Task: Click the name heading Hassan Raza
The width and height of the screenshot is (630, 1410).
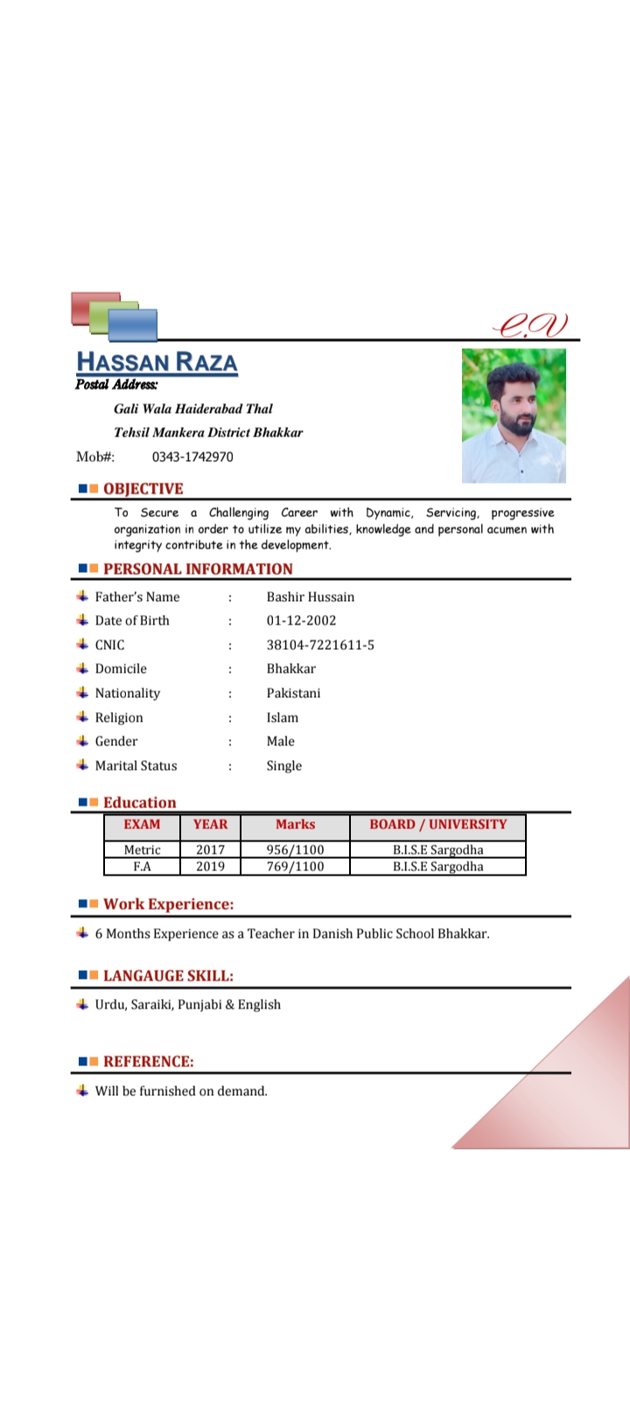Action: [157, 362]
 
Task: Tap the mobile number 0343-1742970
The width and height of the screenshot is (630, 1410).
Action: [192, 457]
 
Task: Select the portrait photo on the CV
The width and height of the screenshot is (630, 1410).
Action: [514, 415]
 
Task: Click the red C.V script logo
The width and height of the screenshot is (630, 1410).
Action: [530, 325]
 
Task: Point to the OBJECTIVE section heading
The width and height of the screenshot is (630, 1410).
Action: [143, 489]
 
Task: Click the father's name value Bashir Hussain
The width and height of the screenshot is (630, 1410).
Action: [311, 597]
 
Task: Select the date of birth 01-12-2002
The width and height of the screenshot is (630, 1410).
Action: [301, 620]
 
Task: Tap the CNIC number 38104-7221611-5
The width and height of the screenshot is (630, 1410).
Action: [320, 645]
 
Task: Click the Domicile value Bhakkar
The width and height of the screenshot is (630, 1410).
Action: [291, 668]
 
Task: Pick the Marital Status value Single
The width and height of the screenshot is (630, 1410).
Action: [284, 765]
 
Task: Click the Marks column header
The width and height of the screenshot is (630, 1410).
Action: [295, 825]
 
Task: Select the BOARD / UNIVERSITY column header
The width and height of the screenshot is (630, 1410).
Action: [437, 825]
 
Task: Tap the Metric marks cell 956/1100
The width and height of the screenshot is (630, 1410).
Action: [295, 849]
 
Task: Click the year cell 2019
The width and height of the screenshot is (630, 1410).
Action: [210, 867]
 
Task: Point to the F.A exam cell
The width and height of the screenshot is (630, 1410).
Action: [142, 867]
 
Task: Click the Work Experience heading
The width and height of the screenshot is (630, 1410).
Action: [168, 904]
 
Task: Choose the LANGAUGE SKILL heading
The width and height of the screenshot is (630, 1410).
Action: [168, 975]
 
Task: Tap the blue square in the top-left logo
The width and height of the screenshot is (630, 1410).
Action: [134, 325]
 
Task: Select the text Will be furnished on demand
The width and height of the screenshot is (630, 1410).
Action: [181, 1091]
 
